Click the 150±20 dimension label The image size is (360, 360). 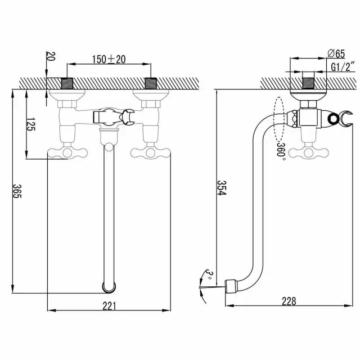(x=109, y=59)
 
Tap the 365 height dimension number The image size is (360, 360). (x=17, y=191)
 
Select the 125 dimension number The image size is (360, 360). (x=30, y=124)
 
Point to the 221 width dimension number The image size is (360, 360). (x=109, y=306)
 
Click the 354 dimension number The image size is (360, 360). (x=222, y=188)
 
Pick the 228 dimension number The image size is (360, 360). (x=289, y=301)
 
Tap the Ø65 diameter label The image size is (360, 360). (x=336, y=54)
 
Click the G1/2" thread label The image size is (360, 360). (x=343, y=67)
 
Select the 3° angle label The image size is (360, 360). (x=209, y=274)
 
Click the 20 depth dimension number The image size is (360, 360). (x=51, y=56)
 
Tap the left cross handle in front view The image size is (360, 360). (x=67, y=152)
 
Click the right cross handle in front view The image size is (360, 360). (x=150, y=152)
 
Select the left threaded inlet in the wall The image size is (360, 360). (x=67, y=83)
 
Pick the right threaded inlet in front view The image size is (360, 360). (x=151, y=83)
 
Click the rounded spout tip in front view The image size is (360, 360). (x=109, y=287)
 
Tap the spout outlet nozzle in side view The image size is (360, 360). (x=230, y=286)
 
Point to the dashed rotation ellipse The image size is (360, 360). (x=279, y=119)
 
